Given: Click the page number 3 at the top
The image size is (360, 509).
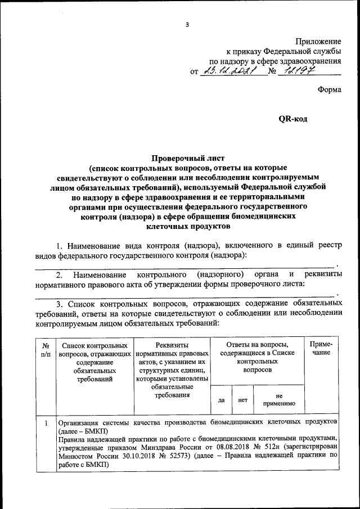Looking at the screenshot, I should click(187, 24).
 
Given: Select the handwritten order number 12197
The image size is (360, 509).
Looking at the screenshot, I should click(298, 71).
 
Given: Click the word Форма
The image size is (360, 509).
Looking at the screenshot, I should click(330, 89).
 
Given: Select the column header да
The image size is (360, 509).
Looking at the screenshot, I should click(222, 400).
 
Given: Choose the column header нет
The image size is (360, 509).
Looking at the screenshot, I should click(243, 400).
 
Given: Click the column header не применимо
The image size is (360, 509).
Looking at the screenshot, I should click(279, 400).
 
